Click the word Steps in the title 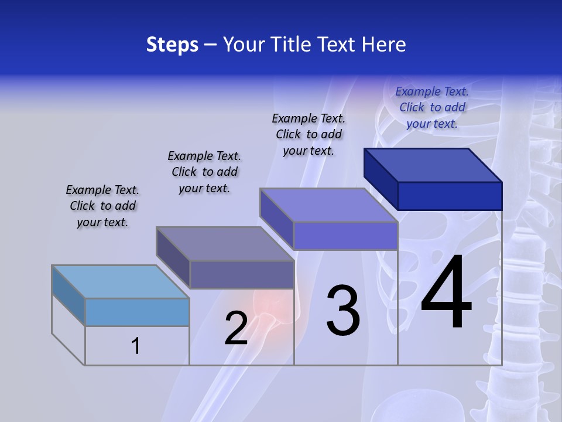tap(172, 45)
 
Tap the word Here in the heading tap(383, 45)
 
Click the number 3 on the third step tap(343, 310)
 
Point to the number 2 tap(237, 328)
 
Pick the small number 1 tap(136, 346)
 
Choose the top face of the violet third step tap(328, 205)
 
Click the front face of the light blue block tap(137, 312)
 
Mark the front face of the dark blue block tap(450, 196)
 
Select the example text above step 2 tap(204, 172)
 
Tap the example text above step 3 tap(309, 134)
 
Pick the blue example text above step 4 tap(432, 107)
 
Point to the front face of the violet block tap(345, 236)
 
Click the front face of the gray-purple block tap(242, 274)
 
